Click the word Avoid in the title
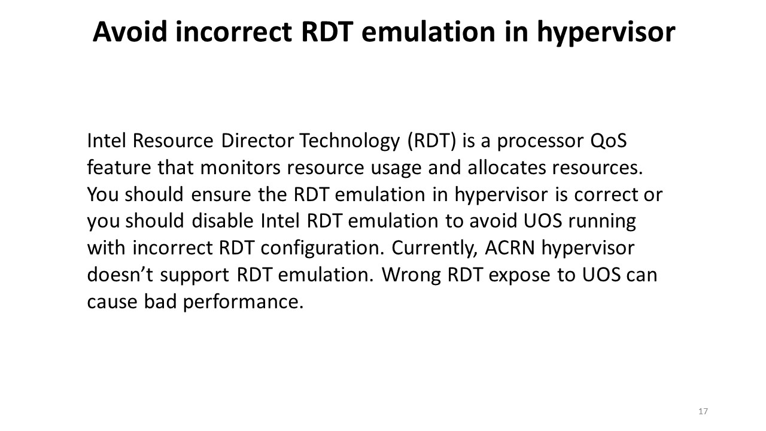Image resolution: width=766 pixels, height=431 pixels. coord(130,32)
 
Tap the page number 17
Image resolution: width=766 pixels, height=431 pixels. coord(703,411)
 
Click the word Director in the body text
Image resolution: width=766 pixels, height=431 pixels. coord(257,141)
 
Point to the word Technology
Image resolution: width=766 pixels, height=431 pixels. coord(349,142)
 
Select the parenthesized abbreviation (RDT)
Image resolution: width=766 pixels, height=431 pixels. coord(432,141)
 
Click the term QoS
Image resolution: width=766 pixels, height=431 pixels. coord(609,141)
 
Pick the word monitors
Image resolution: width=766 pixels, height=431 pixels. coord(240,168)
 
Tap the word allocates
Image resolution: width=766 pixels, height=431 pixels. coord(507,168)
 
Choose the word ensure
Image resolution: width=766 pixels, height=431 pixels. coord(221,195)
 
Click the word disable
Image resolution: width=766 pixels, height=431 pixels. coord(223,221)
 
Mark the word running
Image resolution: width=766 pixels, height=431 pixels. coord(602,222)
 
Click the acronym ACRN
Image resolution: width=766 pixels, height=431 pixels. coord(510,248)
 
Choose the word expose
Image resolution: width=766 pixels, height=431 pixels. coord(519,277)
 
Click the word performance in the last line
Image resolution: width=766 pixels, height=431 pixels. coord(243,303)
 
